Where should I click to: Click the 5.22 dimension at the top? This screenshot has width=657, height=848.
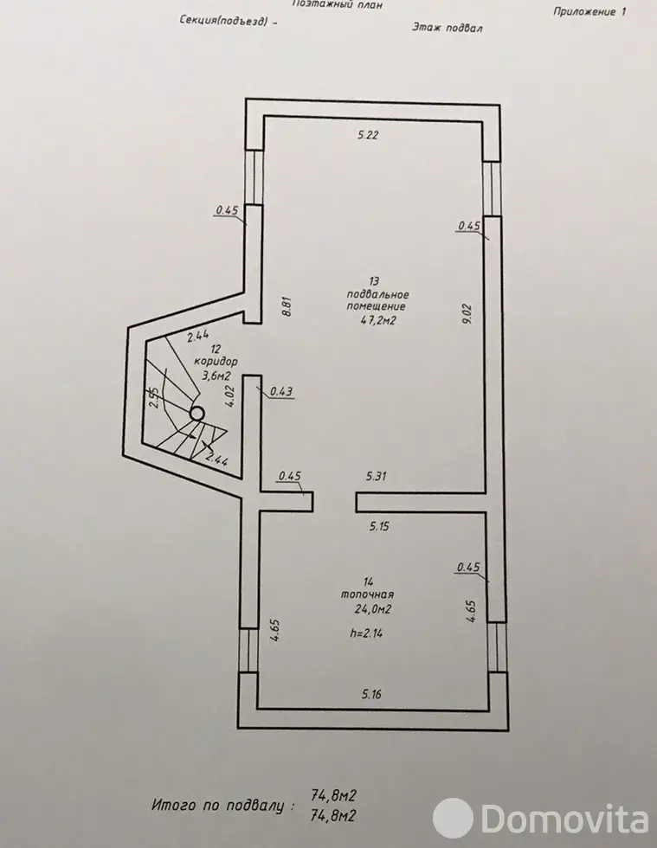point(368,135)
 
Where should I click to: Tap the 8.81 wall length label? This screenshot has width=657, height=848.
point(287,306)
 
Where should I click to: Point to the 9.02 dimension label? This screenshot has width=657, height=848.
point(467,313)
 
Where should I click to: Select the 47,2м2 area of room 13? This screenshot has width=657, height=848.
point(378,320)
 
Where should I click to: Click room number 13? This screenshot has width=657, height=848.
point(374,281)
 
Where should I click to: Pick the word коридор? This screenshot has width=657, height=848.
point(216,362)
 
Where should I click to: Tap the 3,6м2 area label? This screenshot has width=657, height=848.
point(216,374)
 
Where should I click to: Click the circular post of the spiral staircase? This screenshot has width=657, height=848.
point(196,414)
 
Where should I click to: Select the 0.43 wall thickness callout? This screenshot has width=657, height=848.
point(281,391)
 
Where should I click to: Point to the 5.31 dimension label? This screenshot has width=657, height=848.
point(377,477)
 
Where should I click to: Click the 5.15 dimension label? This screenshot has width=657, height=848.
point(379,526)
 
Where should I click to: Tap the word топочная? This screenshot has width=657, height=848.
point(367,594)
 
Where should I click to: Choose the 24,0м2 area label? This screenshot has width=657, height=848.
point(373,609)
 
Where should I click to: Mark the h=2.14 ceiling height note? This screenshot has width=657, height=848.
point(366,633)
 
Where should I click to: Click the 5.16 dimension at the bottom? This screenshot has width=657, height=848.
point(372,694)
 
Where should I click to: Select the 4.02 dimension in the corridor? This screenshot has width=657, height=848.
point(230,396)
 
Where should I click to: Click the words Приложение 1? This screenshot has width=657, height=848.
point(589,11)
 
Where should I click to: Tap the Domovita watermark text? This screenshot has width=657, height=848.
point(565,819)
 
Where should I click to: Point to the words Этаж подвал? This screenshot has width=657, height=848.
point(447,27)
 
